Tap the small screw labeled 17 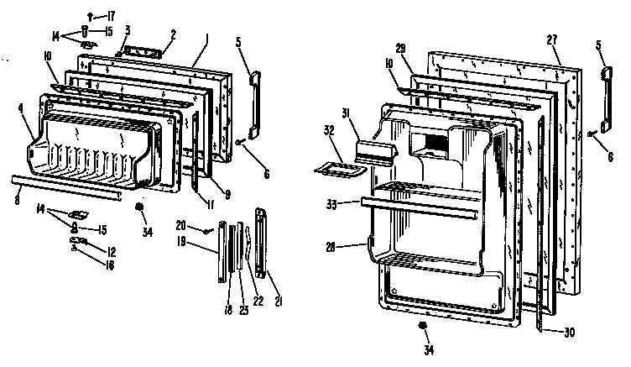pyautogui.click(x=91, y=14)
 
